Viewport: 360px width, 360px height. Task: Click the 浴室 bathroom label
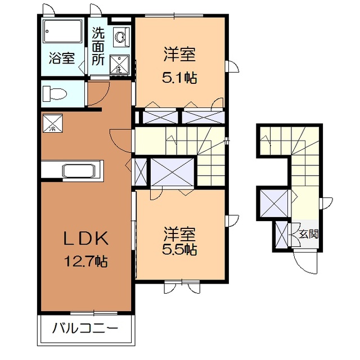(61, 57)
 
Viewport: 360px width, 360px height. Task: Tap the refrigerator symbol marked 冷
(52, 123)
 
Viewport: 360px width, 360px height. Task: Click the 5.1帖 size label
(180, 78)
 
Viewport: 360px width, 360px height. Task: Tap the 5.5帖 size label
(180, 249)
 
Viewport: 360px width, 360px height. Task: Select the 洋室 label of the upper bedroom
(180, 55)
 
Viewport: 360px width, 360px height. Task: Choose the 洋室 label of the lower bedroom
(180, 232)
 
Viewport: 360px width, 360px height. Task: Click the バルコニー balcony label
(85, 328)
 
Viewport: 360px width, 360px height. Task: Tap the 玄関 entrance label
(308, 233)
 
